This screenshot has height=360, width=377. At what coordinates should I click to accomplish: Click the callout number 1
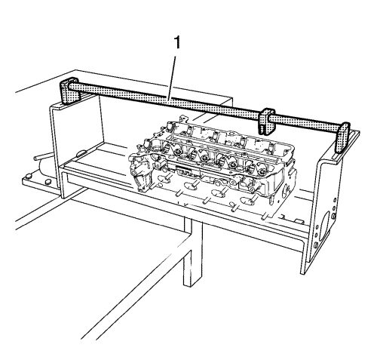[x=177, y=42]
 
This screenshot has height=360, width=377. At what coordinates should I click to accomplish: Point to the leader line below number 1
[x=173, y=76]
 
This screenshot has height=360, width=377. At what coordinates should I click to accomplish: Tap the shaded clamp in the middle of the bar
[x=267, y=121]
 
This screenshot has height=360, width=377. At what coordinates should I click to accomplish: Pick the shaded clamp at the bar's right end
[x=342, y=137]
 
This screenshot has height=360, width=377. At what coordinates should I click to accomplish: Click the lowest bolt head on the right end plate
[x=315, y=245]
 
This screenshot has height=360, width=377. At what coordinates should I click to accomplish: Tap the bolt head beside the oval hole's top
[x=333, y=216]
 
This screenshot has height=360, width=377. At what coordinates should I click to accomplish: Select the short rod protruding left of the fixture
[x=43, y=158]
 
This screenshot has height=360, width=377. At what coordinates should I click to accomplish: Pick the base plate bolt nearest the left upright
[x=47, y=182]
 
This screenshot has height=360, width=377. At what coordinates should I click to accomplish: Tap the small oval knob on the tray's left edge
[x=81, y=152]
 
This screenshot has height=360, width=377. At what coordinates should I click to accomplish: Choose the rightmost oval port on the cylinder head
[x=247, y=201]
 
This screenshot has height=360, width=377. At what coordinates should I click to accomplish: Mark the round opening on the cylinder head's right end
[x=287, y=189]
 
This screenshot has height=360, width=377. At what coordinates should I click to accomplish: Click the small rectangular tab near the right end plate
[x=299, y=222]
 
